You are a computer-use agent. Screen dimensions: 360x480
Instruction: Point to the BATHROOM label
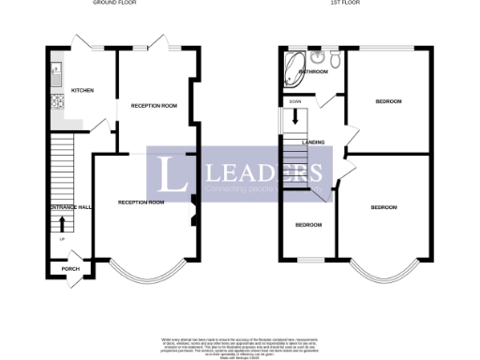pyautogui.click(x=312, y=71)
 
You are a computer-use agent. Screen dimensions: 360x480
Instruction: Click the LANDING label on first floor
pyautogui.click(x=314, y=142)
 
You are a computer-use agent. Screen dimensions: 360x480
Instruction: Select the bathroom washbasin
pyautogui.click(x=319, y=57)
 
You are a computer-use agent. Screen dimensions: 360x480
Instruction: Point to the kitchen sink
pyautogui.click(x=55, y=69)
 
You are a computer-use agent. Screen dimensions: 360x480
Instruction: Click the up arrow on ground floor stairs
pyautogui.click(x=63, y=223)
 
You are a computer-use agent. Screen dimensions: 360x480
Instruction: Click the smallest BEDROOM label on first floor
pyautogui.click(x=308, y=225)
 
